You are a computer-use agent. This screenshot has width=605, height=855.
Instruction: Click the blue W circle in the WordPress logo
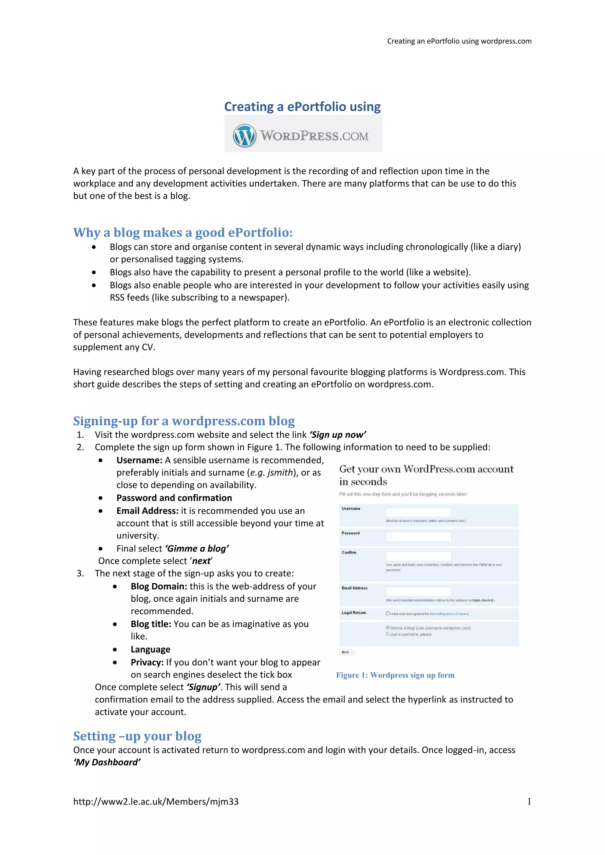(x=244, y=136)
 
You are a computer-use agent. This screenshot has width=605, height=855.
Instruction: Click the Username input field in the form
(x=418, y=512)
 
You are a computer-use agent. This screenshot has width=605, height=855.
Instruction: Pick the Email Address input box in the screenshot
(x=418, y=591)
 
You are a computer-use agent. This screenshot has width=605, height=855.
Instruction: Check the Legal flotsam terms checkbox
(x=388, y=613)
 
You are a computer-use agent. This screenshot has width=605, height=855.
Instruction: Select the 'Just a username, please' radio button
(x=388, y=634)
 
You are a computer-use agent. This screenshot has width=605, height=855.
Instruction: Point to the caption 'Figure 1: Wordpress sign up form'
(x=395, y=675)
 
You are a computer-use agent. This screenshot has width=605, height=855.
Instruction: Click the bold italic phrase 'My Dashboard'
(x=107, y=762)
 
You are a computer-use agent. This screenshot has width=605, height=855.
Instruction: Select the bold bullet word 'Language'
(x=150, y=650)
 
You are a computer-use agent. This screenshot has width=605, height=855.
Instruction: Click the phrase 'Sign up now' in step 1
(x=338, y=435)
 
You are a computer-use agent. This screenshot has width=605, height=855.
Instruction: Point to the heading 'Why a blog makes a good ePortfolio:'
(x=183, y=232)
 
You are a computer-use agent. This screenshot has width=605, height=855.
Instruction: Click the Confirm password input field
(x=418, y=556)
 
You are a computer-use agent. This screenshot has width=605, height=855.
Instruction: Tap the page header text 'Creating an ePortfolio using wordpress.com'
(x=459, y=41)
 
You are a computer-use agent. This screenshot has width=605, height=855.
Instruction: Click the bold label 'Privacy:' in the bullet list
(x=147, y=662)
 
